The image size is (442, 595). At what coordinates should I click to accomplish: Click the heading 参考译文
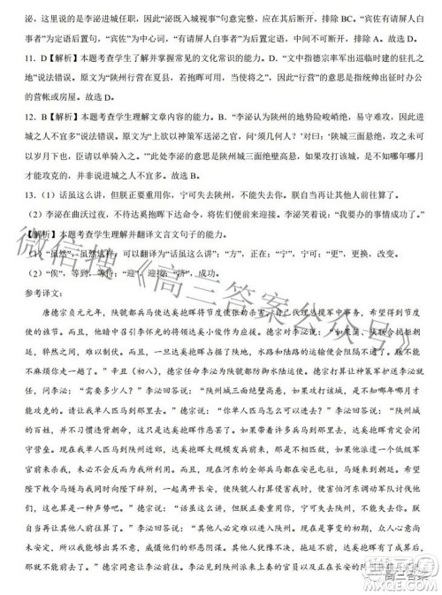tap(37, 296)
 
